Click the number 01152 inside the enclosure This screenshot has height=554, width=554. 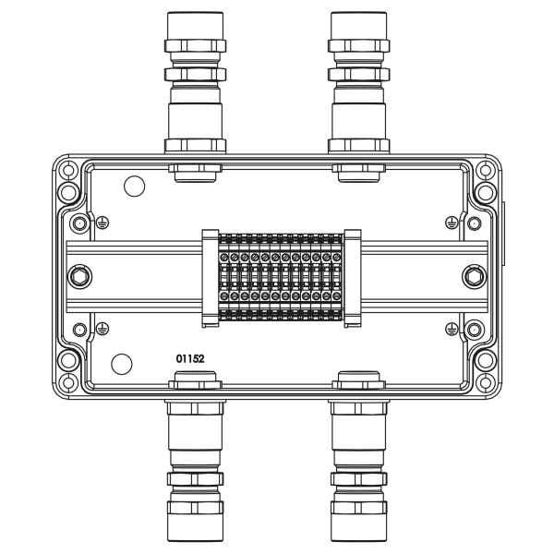tap(192, 357)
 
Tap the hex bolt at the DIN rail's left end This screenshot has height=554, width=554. tap(78, 275)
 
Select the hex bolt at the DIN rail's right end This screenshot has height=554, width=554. tap(475, 275)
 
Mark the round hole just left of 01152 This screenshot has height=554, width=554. tap(120, 362)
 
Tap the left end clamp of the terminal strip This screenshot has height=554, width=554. tap(208, 276)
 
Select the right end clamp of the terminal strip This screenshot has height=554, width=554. tap(352, 276)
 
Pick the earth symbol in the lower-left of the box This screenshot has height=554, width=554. tap(102, 328)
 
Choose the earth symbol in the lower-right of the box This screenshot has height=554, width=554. tap(451, 328)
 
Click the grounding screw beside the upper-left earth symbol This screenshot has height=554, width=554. tap(80, 223)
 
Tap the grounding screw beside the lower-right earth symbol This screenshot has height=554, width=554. tap(474, 328)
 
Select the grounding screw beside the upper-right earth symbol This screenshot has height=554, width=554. tap(474, 223)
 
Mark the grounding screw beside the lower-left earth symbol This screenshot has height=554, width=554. tap(80, 328)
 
